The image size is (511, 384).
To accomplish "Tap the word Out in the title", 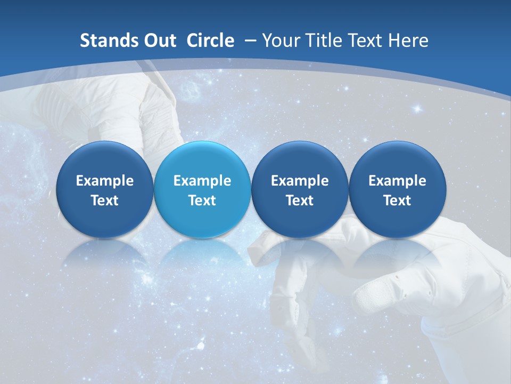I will [x=159, y=41].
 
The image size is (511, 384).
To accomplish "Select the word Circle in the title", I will [x=210, y=41].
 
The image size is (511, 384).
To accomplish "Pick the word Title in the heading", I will [x=325, y=41].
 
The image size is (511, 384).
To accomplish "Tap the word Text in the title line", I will [x=368, y=41].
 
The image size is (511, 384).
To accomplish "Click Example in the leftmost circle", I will [x=104, y=181].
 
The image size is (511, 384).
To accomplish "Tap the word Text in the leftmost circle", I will [x=104, y=201].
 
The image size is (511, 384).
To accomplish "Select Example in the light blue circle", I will [x=202, y=181].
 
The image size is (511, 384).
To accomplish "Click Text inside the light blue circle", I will [x=202, y=201].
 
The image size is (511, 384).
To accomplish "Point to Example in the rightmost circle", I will [x=397, y=181].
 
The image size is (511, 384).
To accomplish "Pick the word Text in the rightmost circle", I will [x=397, y=201].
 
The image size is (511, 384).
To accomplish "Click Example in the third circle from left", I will [x=300, y=181].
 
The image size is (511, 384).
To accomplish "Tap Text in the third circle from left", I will [x=300, y=201].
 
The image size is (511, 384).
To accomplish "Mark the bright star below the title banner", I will [x=417, y=109].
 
